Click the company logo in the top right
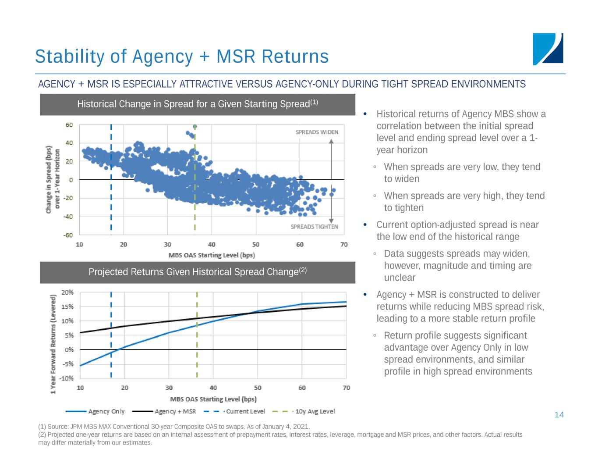point(548,49)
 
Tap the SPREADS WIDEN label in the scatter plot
point(317,132)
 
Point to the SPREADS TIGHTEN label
point(314,227)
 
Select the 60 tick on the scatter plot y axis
point(69,125)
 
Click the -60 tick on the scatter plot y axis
point(68,235)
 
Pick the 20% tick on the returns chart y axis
point(67,292)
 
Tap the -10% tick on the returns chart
point(67,378)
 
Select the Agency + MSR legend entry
point(175,411)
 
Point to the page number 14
point(559,415)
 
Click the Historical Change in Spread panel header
point(198,104)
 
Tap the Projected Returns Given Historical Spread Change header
point(198,272)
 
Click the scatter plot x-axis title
point(212,255)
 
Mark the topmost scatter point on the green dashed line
point(195,126)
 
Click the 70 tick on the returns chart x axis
point(346,388)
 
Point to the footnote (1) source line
point(174,427)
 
